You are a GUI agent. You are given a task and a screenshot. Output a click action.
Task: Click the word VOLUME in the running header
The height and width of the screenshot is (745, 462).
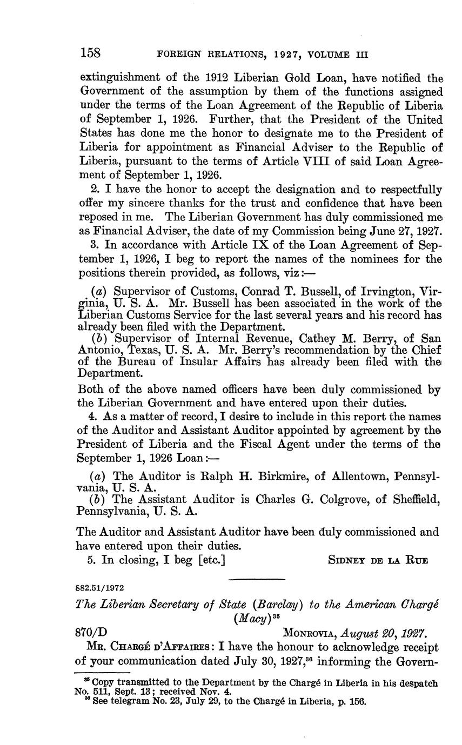coord(323,55)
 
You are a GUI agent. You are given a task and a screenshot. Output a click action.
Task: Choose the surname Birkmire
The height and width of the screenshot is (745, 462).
coord(268,477)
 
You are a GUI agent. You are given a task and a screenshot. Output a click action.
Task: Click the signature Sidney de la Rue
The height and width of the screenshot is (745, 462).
coord(378,560)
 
